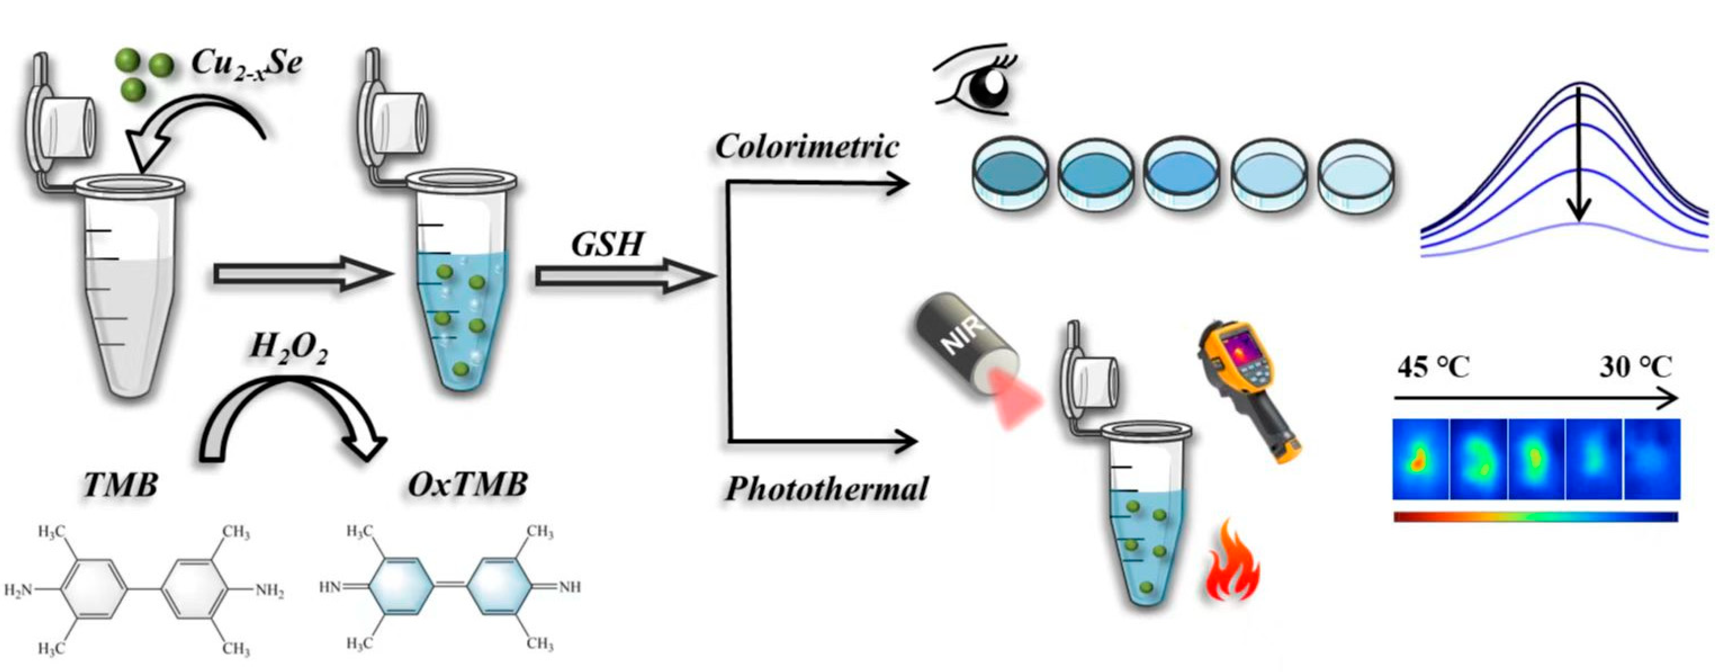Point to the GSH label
point(607,245)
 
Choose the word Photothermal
point(827,490)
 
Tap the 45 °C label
point(1433,368)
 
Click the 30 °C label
point(1636,368)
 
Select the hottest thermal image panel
point(1420,459)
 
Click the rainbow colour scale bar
point(1535,517)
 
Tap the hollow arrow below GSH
point(623,277)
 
